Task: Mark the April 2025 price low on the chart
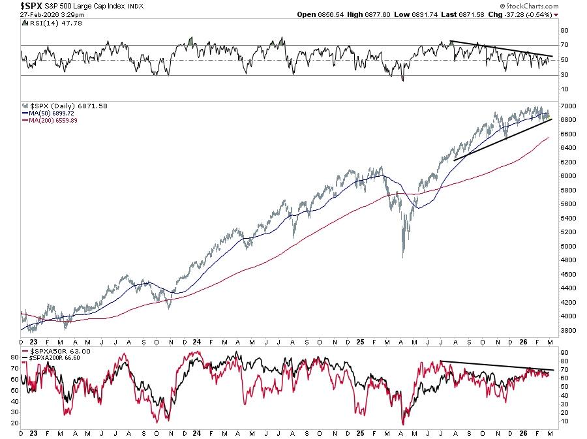[x=404, y=256]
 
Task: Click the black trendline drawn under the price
[x=502, y=140]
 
